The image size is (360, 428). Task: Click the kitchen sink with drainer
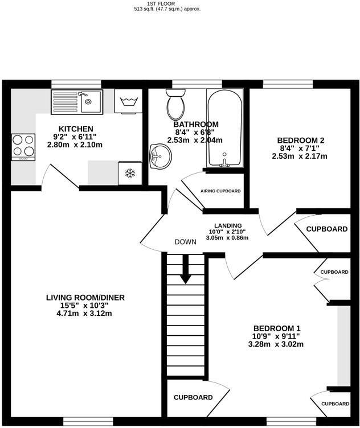(x=77, y=102)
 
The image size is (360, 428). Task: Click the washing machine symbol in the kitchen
(x=128, y=102)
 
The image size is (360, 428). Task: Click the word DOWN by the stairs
(x=186, y=242)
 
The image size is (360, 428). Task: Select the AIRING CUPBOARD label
(x=220, y=191)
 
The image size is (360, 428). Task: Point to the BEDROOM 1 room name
(x=277, y=328)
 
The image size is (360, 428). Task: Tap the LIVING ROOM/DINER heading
(x=85, y=297)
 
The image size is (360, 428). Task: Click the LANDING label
(x=228, y=225)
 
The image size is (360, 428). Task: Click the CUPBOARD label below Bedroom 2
(x=326, y=229)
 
